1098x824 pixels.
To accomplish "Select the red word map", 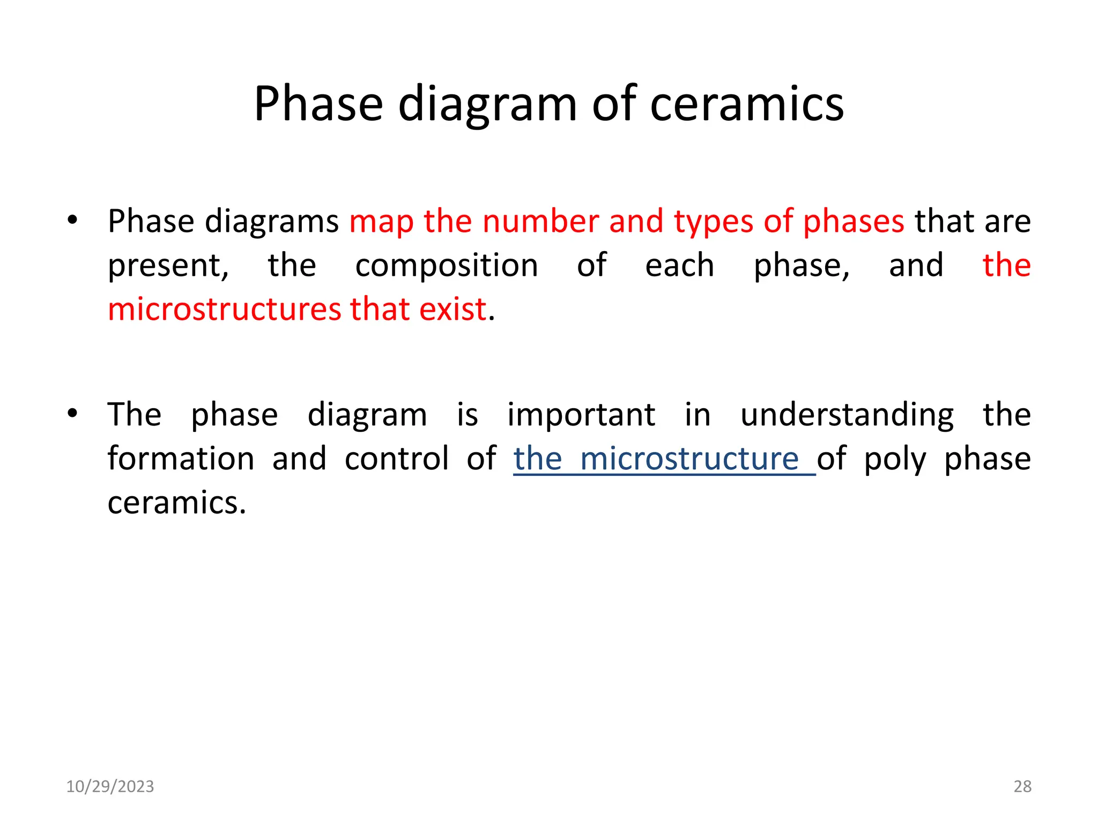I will pyautogui.click(x=381, y=221).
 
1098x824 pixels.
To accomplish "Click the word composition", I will pyautogui.click(x=447, y=266).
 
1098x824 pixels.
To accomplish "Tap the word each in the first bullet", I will pyautogui.click(x=679, y=266).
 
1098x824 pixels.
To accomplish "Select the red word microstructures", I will pyautogui.click(x=224, y=310).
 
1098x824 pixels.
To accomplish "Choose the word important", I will pyautogui.click(x=581, y=415).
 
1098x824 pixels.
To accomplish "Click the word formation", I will pyautogui.click(x=181, y=459).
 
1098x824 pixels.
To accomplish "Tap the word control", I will pyautogui.click(x=397, y=459).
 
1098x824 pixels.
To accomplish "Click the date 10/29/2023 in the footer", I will pyautogui.click(x=110, y=786).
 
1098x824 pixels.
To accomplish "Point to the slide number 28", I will pyautogui.click(x=1022, y=786).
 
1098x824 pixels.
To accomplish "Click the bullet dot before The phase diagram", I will pyautogui.click(x=72, y=413).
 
